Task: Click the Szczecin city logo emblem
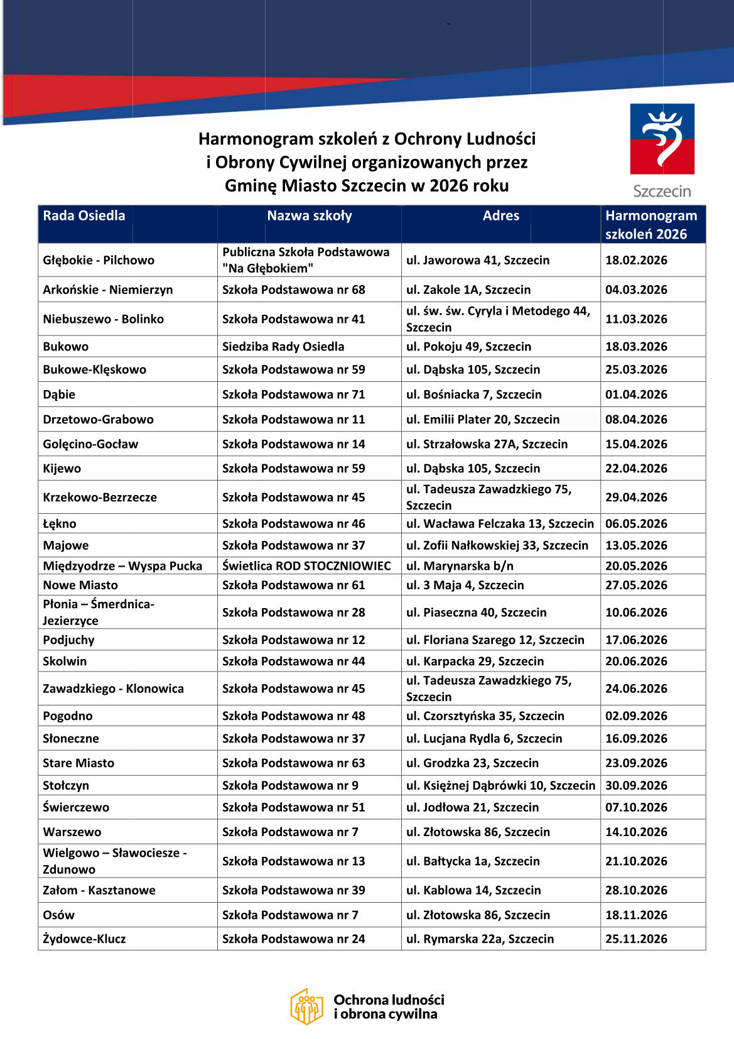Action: (662, 139)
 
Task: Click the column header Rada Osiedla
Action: (84, 215)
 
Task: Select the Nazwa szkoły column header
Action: (309, 215)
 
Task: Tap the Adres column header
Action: (500, 215)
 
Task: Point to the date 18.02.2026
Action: (636, 260)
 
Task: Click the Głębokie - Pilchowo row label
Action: (99, 260)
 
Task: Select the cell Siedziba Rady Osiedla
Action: (283, 346)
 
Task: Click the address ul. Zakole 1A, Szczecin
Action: (468, 290)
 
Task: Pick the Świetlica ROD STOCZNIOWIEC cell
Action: (306, 566)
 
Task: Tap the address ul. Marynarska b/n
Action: (460, 566)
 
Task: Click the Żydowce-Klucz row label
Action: (84, 939)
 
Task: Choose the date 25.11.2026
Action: (636, 939)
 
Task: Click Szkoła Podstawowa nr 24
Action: (293, 939)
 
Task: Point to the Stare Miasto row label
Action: (78, 763)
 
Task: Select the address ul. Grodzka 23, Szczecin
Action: (472, 763)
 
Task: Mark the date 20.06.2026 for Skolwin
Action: (636, 661)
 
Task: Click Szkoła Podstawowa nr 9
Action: (290, 785)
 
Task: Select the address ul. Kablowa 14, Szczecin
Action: (473, 890)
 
